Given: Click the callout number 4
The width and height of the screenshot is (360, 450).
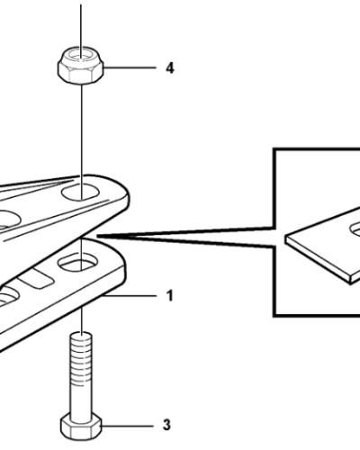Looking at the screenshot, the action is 170,68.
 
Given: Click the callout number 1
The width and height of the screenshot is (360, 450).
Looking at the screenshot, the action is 170,296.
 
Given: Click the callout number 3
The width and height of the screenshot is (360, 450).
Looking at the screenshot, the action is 166,425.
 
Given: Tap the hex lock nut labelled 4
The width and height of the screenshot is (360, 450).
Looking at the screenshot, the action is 81,65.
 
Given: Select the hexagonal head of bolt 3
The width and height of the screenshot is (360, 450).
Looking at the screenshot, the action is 81,426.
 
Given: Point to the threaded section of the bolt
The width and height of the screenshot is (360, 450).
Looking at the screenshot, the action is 81,358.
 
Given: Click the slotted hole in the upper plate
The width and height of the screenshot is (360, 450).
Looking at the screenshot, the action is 80,193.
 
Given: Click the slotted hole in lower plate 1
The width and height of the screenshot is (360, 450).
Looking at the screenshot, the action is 77,262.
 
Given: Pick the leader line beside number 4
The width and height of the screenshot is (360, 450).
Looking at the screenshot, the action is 130,67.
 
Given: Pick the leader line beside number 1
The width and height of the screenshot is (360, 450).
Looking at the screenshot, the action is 130,296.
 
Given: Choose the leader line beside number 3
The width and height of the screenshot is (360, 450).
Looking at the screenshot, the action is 128,426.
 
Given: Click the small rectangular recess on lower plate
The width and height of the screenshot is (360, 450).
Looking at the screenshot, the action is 37,279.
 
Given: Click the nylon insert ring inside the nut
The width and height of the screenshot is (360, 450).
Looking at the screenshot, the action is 80,55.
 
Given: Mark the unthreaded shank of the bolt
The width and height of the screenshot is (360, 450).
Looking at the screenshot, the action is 81,399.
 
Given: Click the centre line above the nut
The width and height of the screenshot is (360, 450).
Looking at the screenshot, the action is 80,27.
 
